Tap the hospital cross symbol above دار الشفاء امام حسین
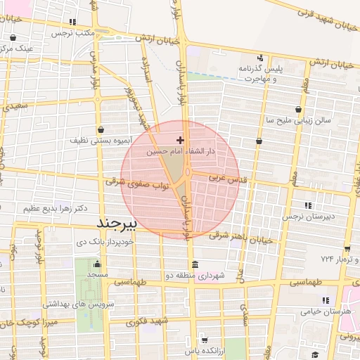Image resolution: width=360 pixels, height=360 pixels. tap(181, 140)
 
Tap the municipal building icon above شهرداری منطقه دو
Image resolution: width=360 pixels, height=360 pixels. tap(194, 264)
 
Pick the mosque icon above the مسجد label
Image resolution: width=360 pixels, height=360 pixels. tap(94, 263)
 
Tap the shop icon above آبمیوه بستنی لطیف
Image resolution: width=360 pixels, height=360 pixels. tap(103, 129)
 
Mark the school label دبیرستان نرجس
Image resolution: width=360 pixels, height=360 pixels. tap(307, 217)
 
